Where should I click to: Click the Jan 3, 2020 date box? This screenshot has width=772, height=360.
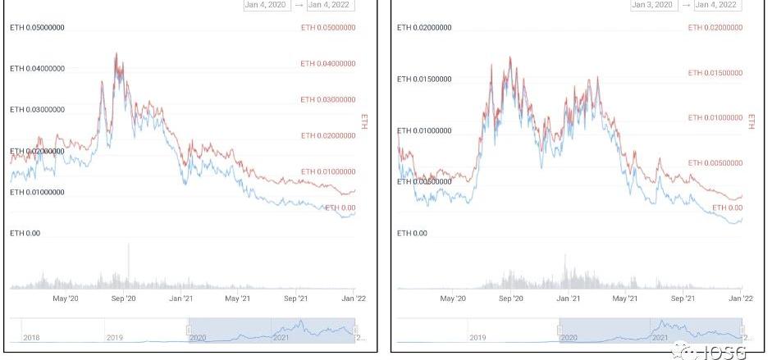click(652, 5)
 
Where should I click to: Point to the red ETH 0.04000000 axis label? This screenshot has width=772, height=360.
click(328, 63)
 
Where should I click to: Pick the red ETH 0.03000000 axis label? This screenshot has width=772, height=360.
click(328, 99)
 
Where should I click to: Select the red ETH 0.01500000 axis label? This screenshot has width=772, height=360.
click(715, 73)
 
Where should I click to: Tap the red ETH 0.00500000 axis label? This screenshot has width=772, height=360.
click(715, 163)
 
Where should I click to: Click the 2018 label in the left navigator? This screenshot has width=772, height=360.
click(31, 337)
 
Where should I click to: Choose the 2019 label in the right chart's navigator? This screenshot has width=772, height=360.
click(477, 337)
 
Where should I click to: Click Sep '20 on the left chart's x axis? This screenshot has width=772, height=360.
click(122, 298)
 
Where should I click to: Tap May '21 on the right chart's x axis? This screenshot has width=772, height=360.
click(626, 298)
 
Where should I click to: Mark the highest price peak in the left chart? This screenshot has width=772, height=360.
click(116, 54)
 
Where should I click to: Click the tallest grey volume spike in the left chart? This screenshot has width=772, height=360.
click(129, 246)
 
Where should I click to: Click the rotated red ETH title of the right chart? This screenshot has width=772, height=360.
click(751, 121)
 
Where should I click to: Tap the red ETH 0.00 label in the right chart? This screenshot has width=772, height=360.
click(726, 207)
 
